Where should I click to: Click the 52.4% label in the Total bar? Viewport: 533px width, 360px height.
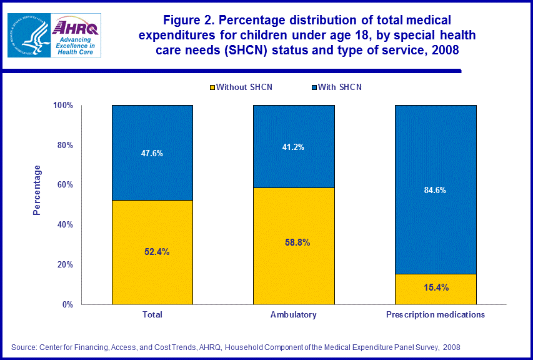point(152,252)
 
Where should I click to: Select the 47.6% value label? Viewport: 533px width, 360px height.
point(152,153)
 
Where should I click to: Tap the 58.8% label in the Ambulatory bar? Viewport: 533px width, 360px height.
point(293,242)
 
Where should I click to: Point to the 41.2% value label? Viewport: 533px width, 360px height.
point(293,147)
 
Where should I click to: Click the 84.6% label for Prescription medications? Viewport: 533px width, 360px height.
point(435,190)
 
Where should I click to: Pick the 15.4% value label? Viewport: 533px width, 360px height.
point(435,287)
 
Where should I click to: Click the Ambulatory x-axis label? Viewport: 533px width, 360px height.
point(293,315)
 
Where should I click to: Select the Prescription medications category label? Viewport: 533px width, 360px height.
point(435,315)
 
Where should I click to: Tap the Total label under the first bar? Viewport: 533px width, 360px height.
point(152,315)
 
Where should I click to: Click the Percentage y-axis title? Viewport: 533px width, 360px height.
point(37,190)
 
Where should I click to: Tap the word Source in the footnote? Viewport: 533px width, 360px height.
point(24,347)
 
